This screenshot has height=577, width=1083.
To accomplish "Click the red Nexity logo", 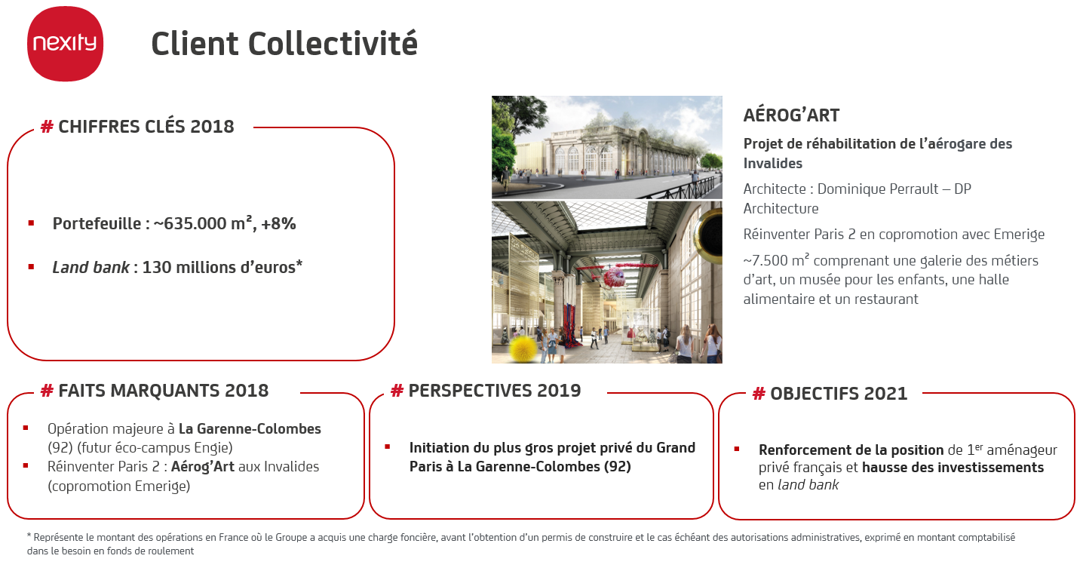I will [x=65, y=45].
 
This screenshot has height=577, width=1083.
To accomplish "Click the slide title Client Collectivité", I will [x=284, y=44].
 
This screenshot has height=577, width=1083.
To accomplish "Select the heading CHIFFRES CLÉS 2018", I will [x=146, y=127].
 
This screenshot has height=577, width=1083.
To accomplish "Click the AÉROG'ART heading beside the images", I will [x=791, y=115].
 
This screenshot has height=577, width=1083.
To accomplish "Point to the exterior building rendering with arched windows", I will [x=606, y=148].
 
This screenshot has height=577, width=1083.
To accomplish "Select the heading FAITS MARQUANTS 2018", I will [x=163, y=391].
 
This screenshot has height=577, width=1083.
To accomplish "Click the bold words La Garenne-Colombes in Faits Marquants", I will [x=250, y=428].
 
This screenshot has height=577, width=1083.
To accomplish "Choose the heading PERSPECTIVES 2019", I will [x=494, y=391].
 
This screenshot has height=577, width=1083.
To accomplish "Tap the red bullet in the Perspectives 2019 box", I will [x=388, y=447].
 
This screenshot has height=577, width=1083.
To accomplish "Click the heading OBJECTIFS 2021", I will [x=838, y=394].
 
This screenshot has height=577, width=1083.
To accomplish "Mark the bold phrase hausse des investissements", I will [x=953, y=467].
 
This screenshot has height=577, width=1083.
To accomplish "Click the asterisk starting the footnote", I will [x=29, y=538].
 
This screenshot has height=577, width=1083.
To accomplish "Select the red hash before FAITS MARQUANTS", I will [x=47, y=391].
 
